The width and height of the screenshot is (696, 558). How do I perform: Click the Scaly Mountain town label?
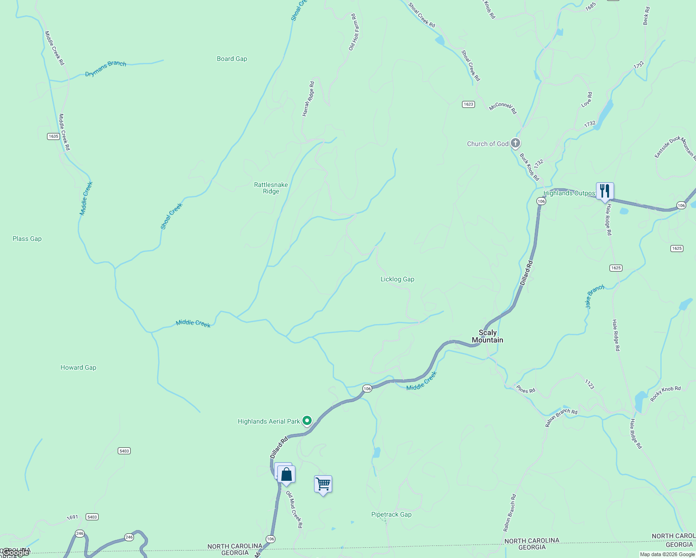487,336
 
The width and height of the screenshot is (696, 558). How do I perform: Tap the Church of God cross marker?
515,143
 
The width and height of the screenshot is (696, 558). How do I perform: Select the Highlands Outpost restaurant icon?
604,191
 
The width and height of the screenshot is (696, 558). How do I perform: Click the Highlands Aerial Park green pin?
307,421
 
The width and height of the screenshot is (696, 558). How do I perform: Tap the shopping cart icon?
323,484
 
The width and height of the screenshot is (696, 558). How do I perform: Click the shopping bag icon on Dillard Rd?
286,475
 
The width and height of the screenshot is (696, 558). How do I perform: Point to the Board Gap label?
232,59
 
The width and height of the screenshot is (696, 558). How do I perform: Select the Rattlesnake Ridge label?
271,188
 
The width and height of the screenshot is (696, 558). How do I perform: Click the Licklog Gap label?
397,279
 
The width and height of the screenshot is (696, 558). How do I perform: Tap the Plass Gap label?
27,239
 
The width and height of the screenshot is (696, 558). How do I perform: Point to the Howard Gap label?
78,367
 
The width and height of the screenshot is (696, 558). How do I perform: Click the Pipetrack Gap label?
391,514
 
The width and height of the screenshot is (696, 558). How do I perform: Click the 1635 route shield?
53,136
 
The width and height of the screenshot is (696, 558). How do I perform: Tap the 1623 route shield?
468,104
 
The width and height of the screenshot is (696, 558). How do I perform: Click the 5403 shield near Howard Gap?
124,451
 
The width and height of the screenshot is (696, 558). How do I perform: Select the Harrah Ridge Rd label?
308,99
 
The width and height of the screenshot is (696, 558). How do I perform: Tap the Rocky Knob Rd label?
665,394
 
